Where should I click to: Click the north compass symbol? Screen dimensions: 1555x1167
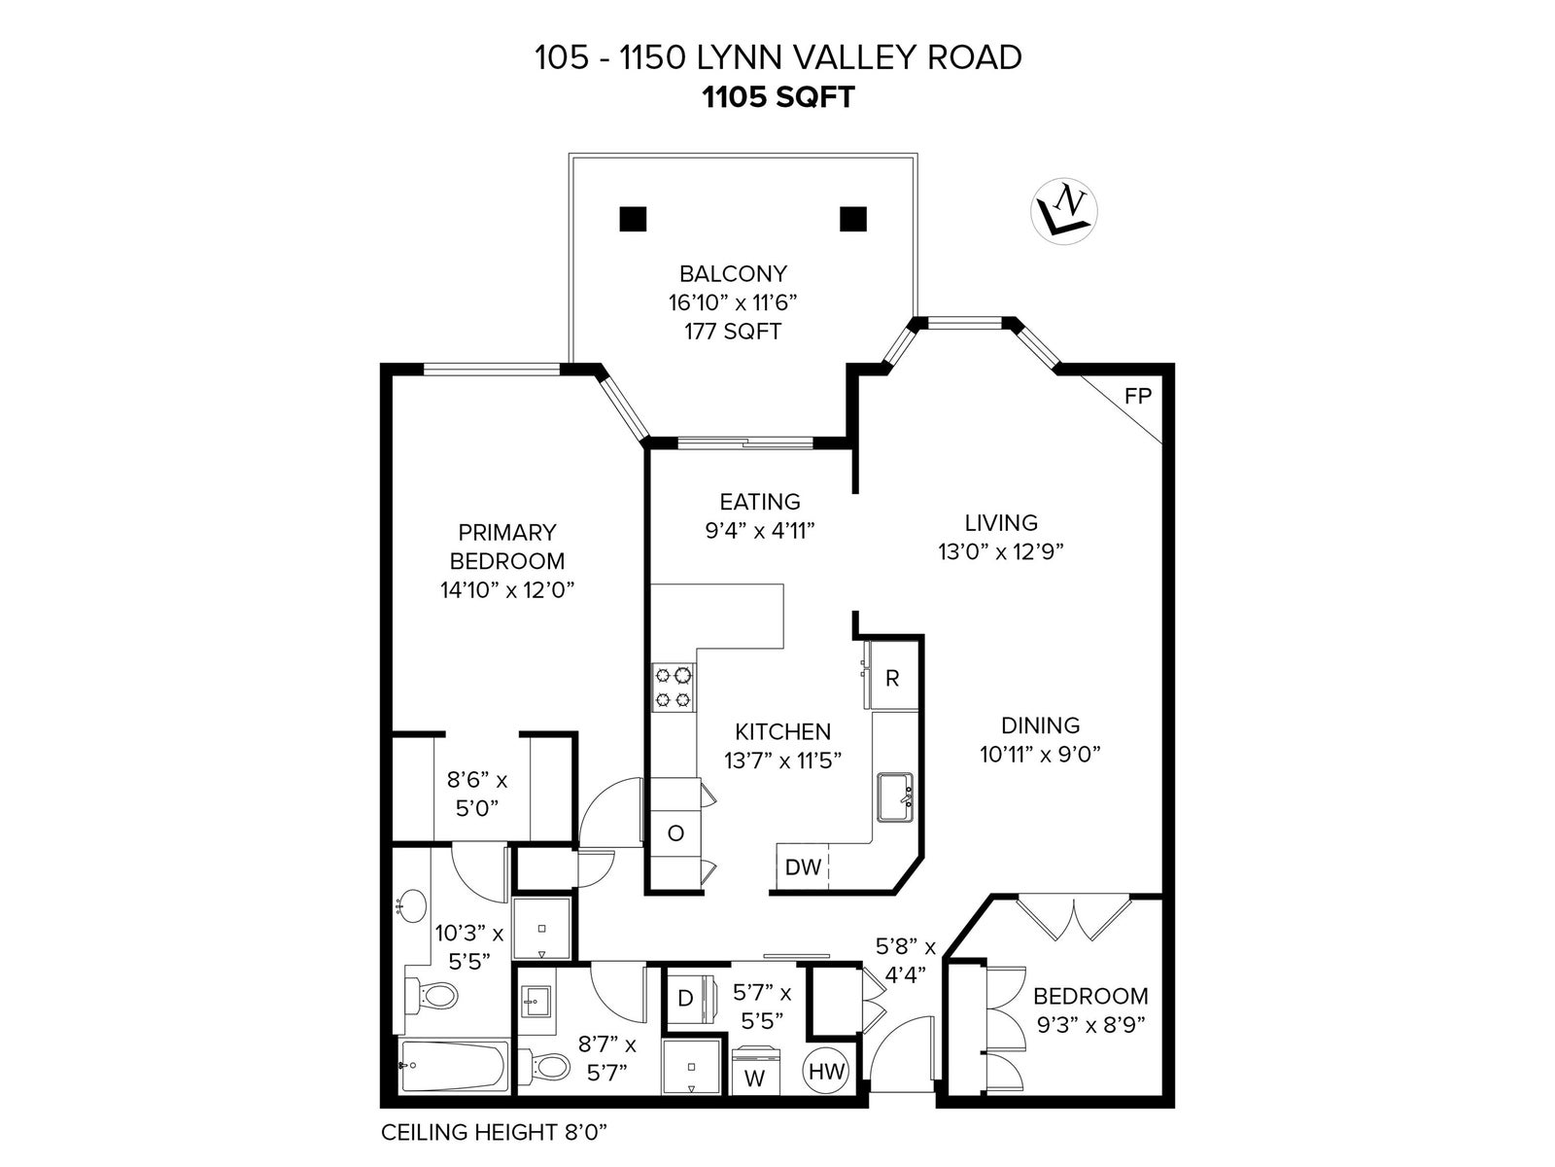pos(1063,211)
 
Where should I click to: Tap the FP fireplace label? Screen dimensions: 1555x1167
pos(1138,396)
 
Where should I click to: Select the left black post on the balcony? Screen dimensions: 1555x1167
pos(633,219)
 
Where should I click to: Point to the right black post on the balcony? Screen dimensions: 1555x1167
pos(853,219)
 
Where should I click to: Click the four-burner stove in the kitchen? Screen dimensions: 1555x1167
pos(673,688)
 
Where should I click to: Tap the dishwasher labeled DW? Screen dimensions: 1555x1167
pos(803,866)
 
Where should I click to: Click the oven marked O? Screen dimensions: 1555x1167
pos(675,833)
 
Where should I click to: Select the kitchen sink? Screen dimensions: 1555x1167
pos(895,797)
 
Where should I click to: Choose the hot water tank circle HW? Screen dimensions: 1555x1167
pos(825,1071)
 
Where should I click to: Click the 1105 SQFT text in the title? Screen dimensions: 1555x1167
pos(777,97)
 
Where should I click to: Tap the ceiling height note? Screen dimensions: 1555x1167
pos(495,1132)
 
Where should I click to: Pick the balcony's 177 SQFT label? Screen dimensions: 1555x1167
pos(733,331)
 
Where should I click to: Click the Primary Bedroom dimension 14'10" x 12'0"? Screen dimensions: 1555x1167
pos(507,589)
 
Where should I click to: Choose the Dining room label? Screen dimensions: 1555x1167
pos(1040,725)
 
